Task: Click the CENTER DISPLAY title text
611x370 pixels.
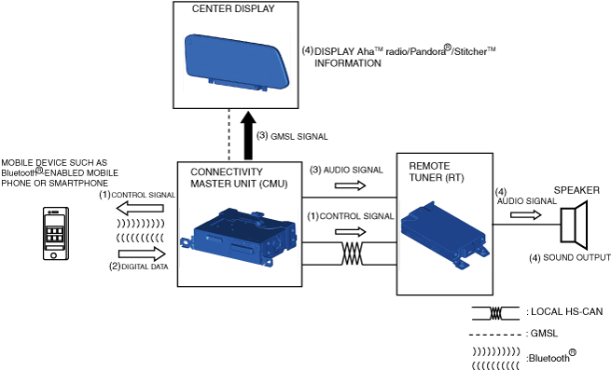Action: pyautogui.click(x=233, y=8)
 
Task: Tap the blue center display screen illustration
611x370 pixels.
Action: pyautogui.click(x=237, y=62)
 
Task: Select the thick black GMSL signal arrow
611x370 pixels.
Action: pyautogui.click(x=248, y=135)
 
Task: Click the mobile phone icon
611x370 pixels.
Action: pyautogui.click(x=56, y=233)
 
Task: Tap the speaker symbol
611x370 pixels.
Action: pyautogui.click(x=574, y=226)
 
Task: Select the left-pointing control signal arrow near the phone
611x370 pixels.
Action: pyautogui.click(x=140, y=209)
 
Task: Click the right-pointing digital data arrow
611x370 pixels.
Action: pyautogui.click(x=142, y=254)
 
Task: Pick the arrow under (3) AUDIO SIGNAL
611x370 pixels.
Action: pyautogui.click(x=351, y=185)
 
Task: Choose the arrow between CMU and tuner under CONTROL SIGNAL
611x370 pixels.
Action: pyautogui.click(x=351, y=232)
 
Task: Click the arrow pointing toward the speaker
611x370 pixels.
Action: pyautogui.click(x=526, y=214)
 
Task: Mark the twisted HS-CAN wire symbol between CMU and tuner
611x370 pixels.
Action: pyautogui.click(x=353, y=254)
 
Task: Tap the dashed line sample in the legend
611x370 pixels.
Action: pyautogui.click(x=495, y=335)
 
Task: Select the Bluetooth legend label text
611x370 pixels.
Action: pyautogui.click(x=551, y=356)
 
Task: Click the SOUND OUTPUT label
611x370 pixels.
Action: pyautogui.click(x=576, y=257)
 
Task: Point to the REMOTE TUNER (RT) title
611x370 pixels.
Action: pyautogui.click(x=437, y=171)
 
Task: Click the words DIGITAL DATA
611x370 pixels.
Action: pyautogui.click(x=145, y=267)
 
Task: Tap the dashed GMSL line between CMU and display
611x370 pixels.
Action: pyautogui.click(x=229, y=135)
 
